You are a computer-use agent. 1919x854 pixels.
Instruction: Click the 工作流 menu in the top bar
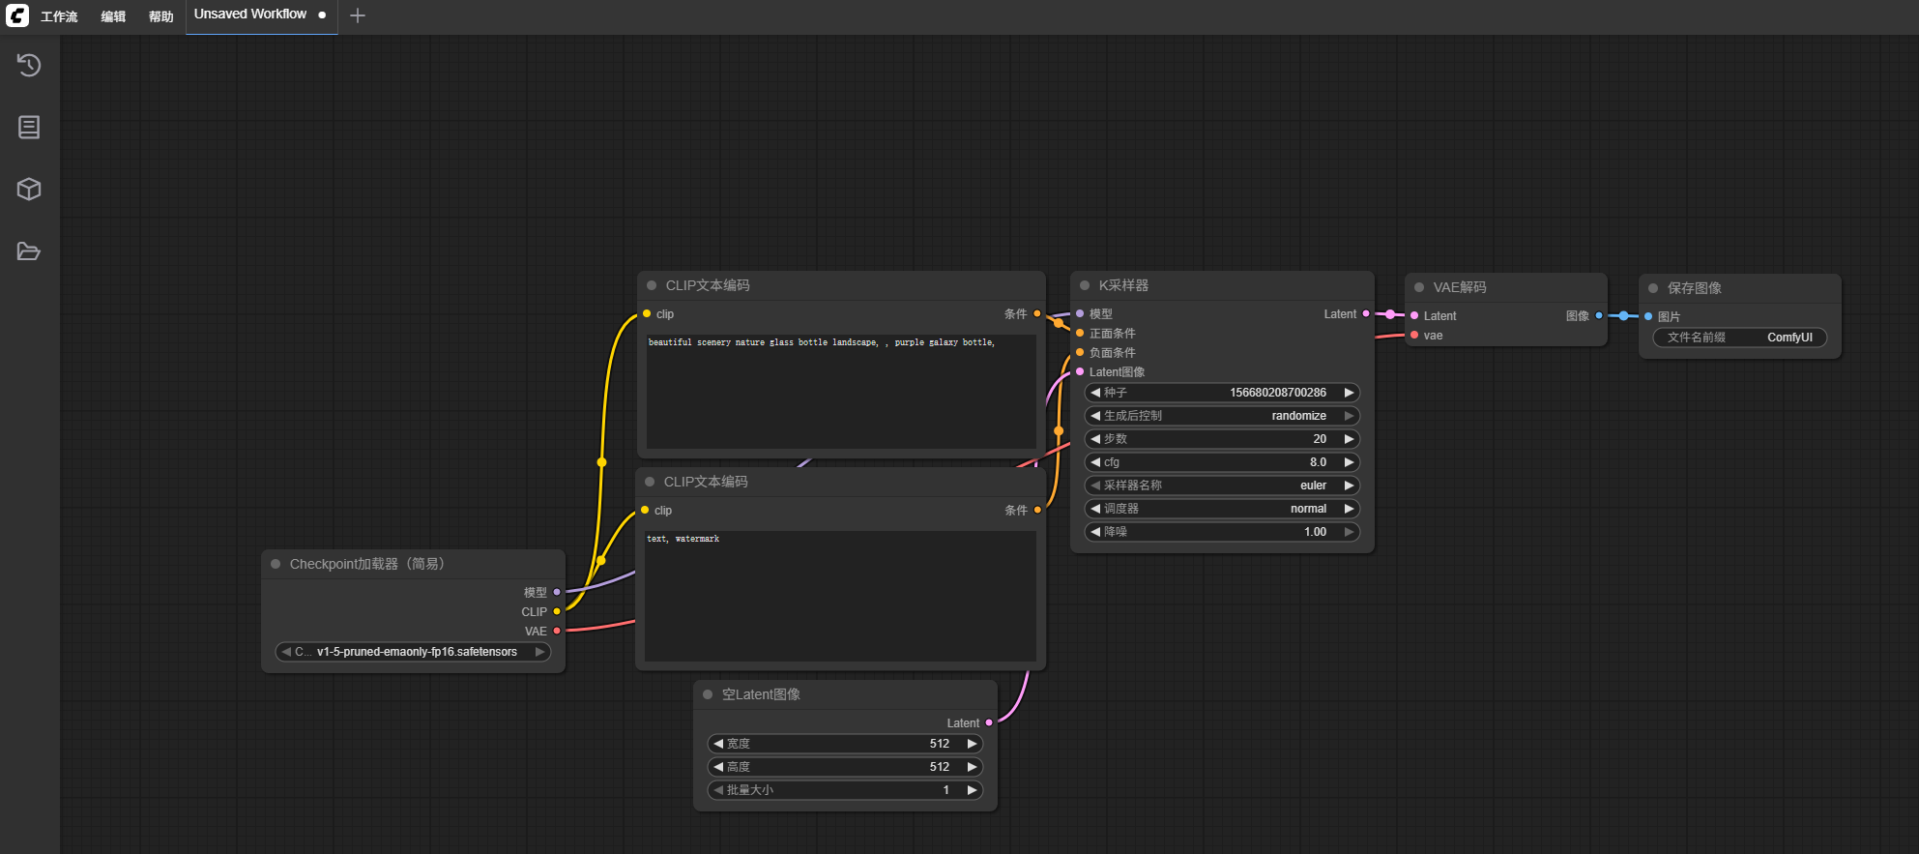pos(59,16)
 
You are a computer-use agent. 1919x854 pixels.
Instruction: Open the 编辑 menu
pos(113,16)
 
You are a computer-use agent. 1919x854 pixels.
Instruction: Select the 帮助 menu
pos(161,16)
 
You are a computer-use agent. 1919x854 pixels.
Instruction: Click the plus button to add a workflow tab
pos(358,15)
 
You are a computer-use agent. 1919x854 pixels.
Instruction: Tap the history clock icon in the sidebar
pos(29,65)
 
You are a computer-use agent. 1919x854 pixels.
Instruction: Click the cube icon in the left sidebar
pos(29,189)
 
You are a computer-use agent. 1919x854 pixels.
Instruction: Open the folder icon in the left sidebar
pos(29,251)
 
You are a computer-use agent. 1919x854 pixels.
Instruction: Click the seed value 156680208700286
pos(1278,393)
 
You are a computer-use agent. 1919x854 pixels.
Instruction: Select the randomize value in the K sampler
pos(1298,416)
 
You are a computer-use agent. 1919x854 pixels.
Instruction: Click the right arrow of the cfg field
pos(1349,462)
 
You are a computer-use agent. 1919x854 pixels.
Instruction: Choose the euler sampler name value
pos(1313,486)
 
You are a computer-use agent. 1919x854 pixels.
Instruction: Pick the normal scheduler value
pos(1308,509)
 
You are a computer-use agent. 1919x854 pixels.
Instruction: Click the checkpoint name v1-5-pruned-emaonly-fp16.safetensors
pos(417,652)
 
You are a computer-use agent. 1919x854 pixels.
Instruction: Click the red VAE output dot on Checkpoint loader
pos(557,631)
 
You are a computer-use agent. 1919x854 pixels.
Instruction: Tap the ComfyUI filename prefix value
pos(1789,338)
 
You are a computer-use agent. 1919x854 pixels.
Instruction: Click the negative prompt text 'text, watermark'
pos(683,539)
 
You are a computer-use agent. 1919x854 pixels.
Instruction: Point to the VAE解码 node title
pos(1460,287)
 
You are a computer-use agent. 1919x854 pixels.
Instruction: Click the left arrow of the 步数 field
pos(1095,439)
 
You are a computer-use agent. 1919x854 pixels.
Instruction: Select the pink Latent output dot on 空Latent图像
pos(989,722)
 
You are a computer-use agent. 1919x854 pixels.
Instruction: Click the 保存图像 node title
pos(1694,288)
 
